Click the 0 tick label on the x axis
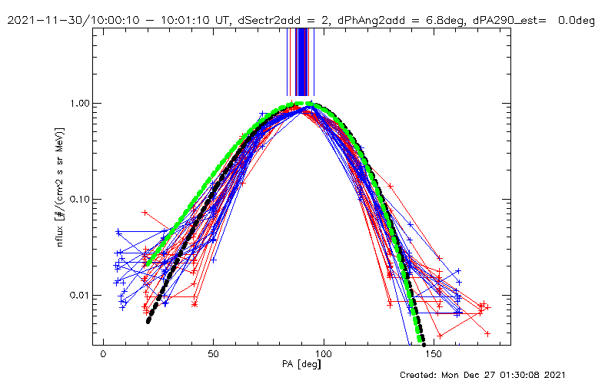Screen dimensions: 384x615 [x=103, y=356]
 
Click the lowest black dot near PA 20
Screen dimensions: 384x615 [x=148, y=321]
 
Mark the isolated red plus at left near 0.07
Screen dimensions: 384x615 [x=145, y=211]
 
